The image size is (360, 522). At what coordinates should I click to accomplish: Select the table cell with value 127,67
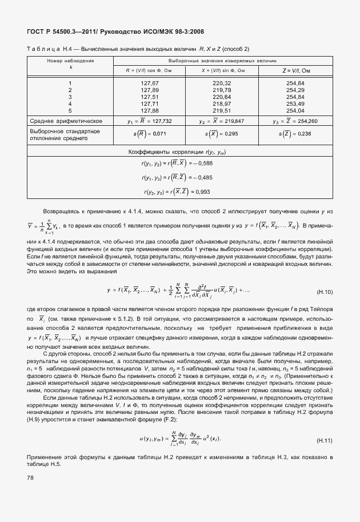point(149,83)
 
